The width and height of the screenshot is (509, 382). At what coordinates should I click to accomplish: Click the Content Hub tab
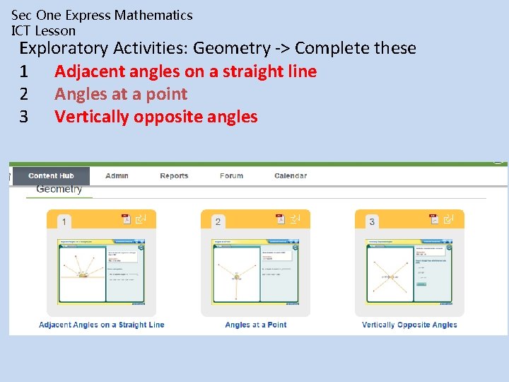(x=51, y=175)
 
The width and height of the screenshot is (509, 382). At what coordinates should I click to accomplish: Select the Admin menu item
(x=117, y=175)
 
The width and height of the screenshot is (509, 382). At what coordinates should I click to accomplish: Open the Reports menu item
(x=174, y=175)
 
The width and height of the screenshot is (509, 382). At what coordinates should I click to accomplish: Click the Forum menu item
(x=231, y=175)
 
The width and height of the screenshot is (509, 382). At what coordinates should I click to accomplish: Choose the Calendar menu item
(x=291, y=175)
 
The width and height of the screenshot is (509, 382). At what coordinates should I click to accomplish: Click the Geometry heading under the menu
(x=59, y=189)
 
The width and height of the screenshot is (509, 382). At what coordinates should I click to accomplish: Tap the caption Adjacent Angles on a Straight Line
(x=102, y=325)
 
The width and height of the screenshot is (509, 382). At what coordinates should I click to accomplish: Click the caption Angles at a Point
(x=256, y=325)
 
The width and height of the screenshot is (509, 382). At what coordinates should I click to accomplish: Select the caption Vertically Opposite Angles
(x=409, y=325)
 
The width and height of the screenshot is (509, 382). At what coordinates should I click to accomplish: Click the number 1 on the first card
(x=64, y=221)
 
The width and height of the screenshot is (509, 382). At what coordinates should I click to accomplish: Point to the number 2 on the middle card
(x=218, y=221)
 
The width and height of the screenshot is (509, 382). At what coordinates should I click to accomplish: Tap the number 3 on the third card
(x=372, y=221)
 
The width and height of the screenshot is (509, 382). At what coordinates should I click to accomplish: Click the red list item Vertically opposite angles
(x=156, y=117)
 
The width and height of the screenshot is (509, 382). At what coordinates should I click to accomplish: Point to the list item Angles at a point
(x=121, y=94)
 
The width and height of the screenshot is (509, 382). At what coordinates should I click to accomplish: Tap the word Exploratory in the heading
(x=64, y=48)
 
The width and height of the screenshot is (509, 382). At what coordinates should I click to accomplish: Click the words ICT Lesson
(x=43, y=30)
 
